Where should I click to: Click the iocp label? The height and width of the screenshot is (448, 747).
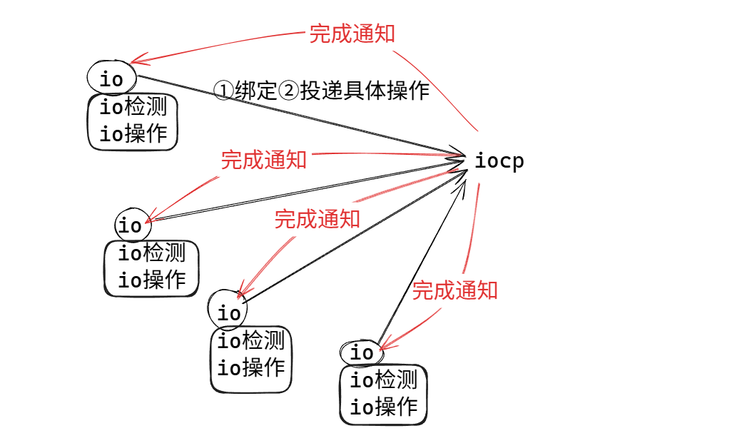499,161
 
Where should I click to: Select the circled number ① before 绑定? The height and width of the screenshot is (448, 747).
223,91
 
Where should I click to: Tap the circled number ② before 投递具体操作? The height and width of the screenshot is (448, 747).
289,91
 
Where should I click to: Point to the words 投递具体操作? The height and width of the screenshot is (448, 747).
365,91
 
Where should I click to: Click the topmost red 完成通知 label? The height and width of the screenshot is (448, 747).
352,34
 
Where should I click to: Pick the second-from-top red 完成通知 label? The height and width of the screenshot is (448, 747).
263,159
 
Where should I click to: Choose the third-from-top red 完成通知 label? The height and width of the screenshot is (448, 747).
317,218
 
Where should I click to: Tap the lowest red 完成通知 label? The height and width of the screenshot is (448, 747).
454,290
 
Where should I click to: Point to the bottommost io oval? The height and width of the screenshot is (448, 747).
362,352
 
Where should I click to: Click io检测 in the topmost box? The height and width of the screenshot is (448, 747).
133,107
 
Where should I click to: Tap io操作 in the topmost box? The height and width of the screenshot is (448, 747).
133,133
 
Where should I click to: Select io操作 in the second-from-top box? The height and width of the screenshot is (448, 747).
151,280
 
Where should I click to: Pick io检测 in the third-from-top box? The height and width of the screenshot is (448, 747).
251,340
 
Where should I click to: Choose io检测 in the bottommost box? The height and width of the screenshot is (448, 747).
383,380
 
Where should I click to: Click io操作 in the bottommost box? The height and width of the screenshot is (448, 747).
383,407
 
